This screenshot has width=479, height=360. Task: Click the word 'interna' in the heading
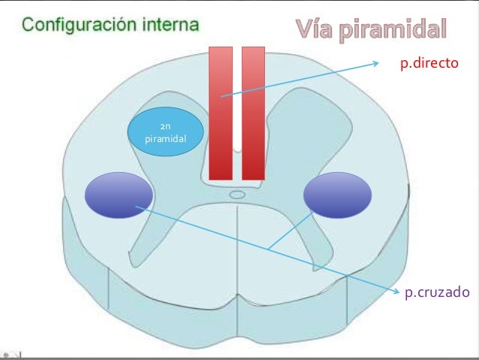(172, 25)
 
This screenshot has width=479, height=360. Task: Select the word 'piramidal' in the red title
(393, 29)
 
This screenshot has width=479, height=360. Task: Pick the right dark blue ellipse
(337, 195)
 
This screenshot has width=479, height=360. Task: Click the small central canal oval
(237, 195)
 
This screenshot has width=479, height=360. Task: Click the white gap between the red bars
(237, 105)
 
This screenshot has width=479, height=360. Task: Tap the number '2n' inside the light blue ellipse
(165, 126)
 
